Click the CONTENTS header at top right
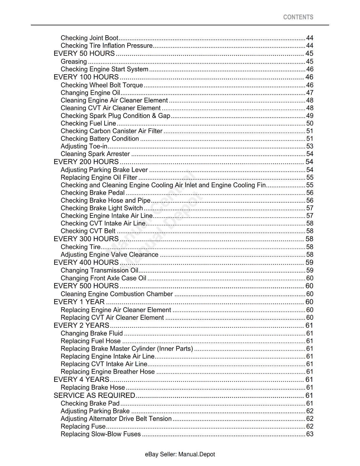[298, 17]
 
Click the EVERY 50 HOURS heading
[84, 54]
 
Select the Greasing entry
[74, 61]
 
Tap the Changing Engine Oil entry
[90, 93]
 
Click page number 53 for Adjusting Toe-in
[309, 146]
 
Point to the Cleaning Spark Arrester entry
[95, 154]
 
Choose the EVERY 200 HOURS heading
[86, 162]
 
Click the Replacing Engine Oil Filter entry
[99, 177]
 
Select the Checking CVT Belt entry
[88, 231]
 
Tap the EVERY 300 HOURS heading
[86, 239]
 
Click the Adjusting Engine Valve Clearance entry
[110, 255]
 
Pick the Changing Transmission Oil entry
[99, 270]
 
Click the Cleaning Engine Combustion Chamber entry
[117, 294]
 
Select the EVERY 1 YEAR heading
[79, 302]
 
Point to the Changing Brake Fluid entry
[92, 333]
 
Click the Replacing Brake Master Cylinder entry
[127, 349]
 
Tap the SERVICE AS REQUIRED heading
[94, 396]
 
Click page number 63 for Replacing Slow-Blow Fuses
[309, 434]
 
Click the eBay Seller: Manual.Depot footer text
[180, 454]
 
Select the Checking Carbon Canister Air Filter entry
[112, 131]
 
